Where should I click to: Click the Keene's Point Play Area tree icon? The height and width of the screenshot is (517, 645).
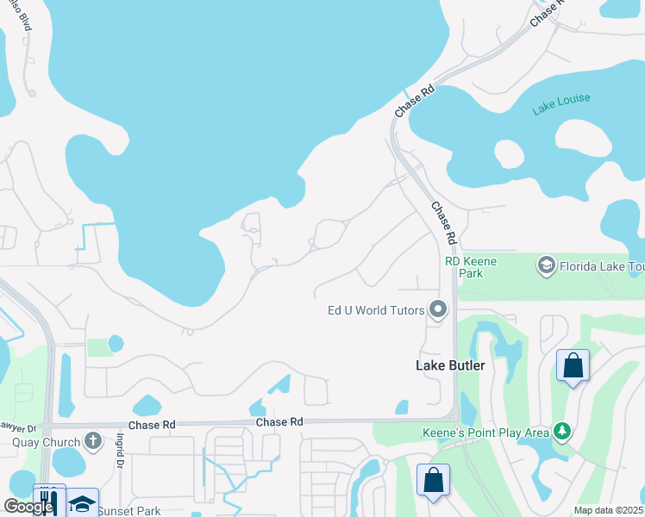[561, 429]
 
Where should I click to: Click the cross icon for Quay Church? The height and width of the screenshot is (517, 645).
[94, 442]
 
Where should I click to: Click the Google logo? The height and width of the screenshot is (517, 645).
[28, 506]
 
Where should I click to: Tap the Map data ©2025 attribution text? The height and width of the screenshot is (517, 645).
[609, 510]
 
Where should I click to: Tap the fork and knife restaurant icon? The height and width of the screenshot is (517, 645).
[48, 501]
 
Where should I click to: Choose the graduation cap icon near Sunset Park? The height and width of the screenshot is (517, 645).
[82, 503]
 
